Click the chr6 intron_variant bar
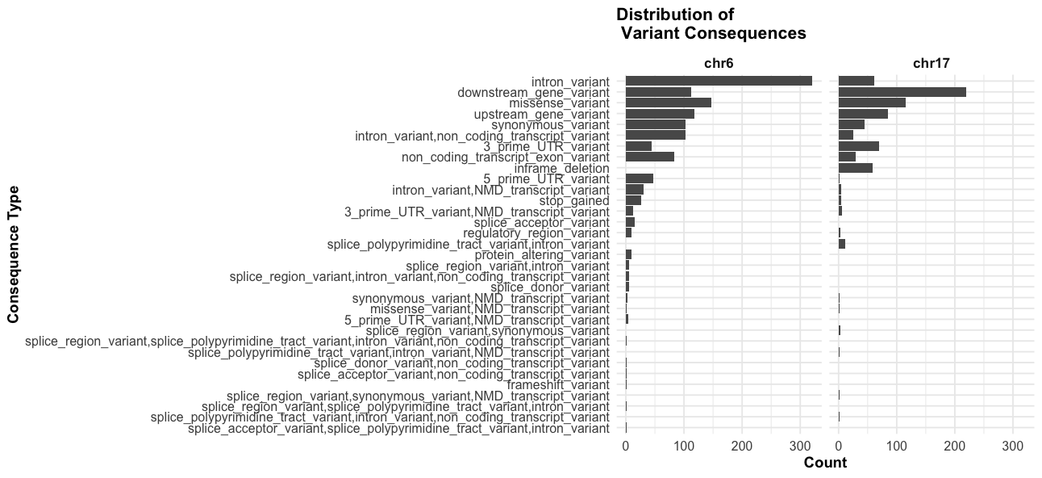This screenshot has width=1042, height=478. (719, 81)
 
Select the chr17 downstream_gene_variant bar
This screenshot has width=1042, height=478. (902, 92)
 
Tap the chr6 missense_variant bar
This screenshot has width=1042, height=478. (668, 103)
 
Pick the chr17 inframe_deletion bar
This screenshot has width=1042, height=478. (855, 168)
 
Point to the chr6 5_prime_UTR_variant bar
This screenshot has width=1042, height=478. (639, 178)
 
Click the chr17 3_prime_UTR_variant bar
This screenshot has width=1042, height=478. (858, 146)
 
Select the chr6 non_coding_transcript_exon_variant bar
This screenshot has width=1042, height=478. (649, 157)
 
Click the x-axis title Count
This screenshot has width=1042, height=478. (825, 463)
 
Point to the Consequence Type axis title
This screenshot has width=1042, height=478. (14, 254)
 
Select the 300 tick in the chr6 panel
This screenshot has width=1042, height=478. (800, 446)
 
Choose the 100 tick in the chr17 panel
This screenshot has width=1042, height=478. (897, 446)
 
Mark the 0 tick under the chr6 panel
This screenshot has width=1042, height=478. (626, 446)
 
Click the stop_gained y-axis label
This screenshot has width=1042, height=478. (574, 200)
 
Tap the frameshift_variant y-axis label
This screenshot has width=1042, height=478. (558, 384)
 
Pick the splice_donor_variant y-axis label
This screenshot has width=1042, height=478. (550, 287)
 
